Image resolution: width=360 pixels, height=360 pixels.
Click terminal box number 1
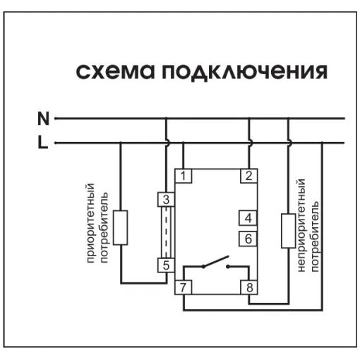tap(184, 176)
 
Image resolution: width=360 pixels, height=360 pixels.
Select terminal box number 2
tap(249, 176)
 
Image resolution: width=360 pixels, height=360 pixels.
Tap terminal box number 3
tap(166, 200)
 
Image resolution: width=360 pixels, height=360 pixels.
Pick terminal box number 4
tap(248, 218)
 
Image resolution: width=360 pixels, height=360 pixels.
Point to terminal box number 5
tap(166, 265)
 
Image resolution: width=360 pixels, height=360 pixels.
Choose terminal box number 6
tap(248, 239)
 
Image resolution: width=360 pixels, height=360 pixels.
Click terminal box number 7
tap(184, 287)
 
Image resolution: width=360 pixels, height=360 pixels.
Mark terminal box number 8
tap(249, 287)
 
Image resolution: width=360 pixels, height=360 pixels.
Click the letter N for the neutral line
tap(43, 119)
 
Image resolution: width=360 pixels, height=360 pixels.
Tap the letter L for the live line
tap(43, 143)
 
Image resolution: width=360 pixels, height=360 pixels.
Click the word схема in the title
tap(116, 71)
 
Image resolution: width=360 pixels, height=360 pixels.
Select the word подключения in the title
tap(245, 71)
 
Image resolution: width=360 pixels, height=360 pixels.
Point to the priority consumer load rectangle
tap(121, 227)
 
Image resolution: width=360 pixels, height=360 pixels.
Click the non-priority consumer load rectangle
tap(289, 231)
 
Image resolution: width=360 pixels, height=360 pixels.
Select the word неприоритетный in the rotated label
tap(301, 225)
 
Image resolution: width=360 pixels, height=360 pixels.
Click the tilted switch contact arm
tap(215, 261)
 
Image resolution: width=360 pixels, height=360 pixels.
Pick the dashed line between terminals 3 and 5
tap(166, 232)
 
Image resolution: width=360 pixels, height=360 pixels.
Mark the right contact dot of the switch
tap(228, 266)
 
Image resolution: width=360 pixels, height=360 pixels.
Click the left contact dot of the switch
tap(203, 266)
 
